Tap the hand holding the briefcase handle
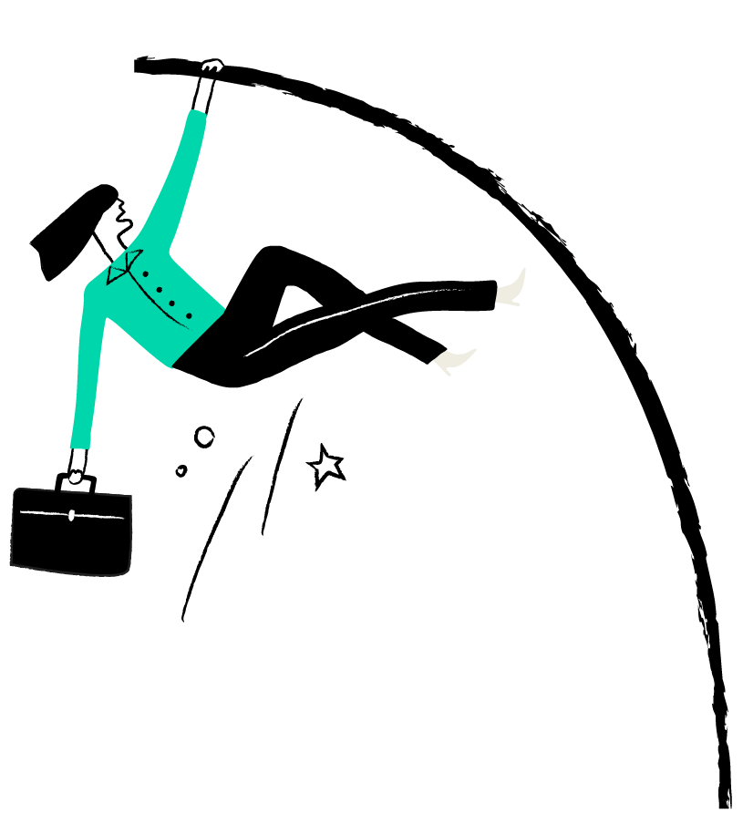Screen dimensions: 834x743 (x=77, y=476)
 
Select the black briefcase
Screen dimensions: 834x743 (x=70, y=533)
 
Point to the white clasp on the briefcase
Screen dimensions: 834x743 (x=71, y=516)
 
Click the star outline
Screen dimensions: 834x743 (x=325, y=466)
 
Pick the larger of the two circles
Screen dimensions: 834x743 (x=204, y=438)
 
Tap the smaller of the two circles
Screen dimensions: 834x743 (x=181, y=470)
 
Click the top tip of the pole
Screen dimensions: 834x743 (x=139, y=64)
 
